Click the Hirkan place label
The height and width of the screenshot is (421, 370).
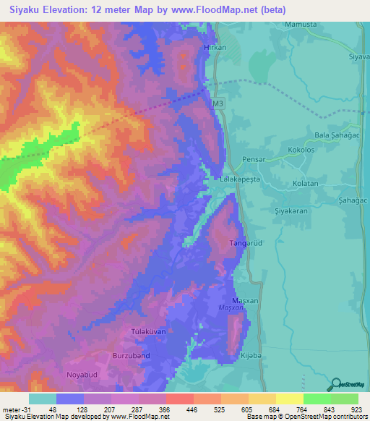point(216,47)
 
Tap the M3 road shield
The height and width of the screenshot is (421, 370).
point(219,103)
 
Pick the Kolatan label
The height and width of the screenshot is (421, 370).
point(306,184)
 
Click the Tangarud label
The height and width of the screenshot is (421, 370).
point(244,243)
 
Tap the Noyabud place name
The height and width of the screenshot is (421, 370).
point(82,375)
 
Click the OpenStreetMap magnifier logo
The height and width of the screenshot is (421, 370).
point(335,384)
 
